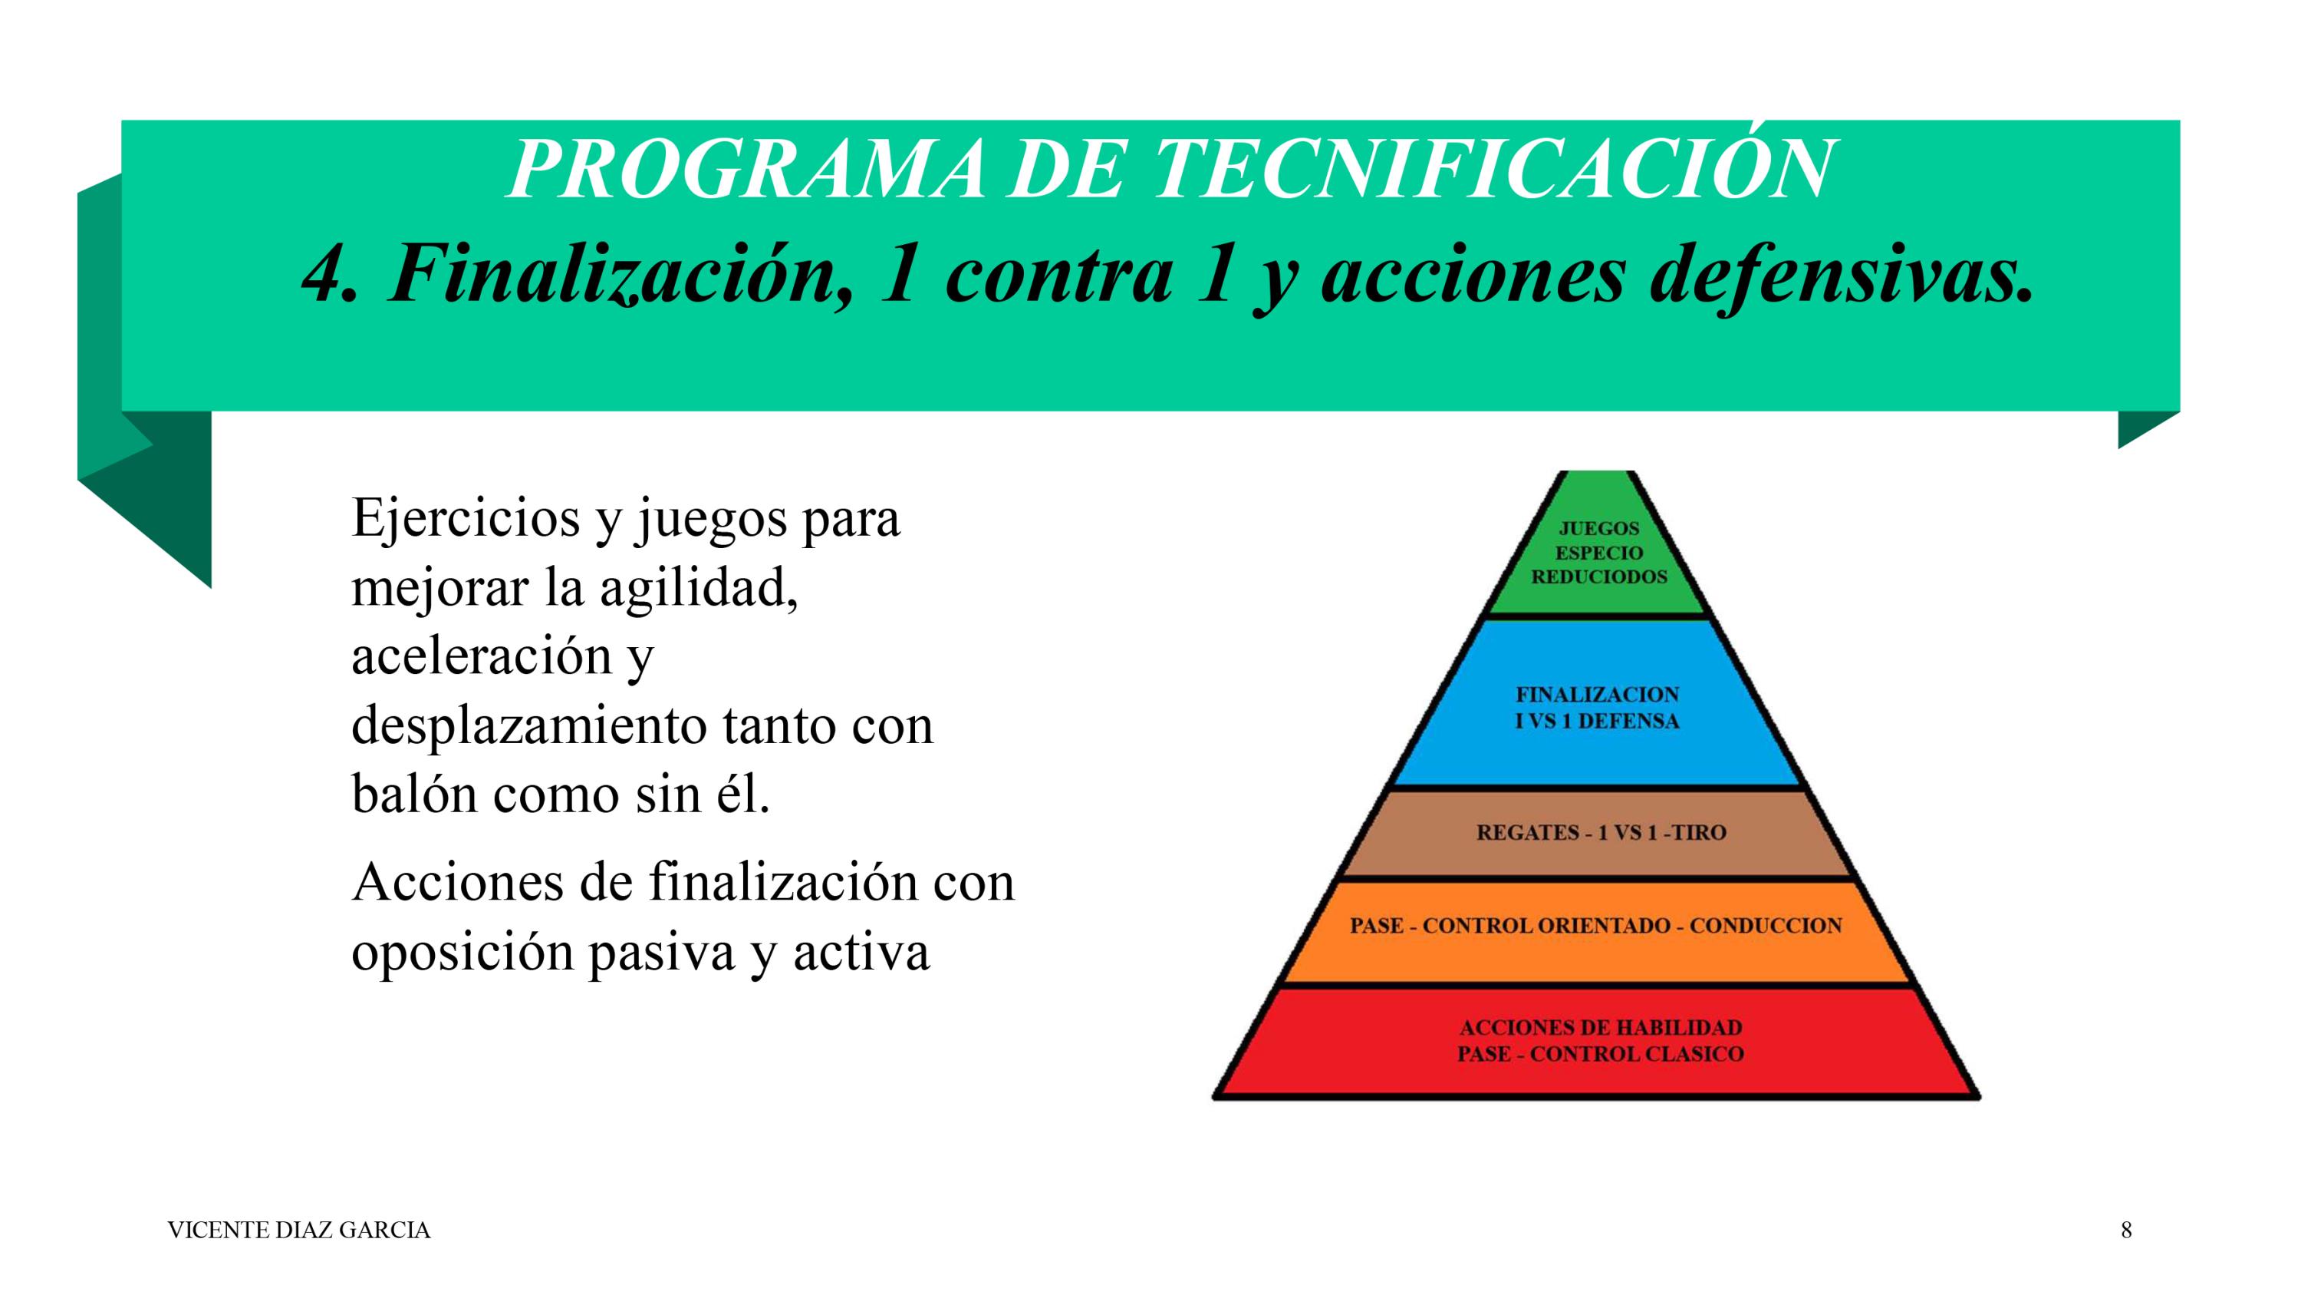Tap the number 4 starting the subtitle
point(330,273)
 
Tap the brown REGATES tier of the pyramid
point(1599,833)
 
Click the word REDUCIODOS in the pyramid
point(1599,576)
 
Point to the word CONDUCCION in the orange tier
point(1765,925)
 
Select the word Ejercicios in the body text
point(466,518)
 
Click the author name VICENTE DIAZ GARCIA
point(298,1231)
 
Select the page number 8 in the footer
point(2126,1231)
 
